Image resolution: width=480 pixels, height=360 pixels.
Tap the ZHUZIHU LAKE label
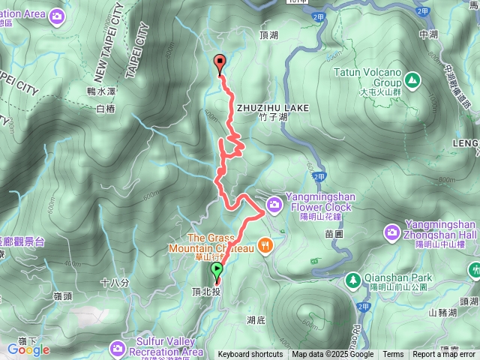pyautogui.click(x=272, y=109)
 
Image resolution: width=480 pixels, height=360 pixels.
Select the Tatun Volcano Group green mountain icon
pyautogui.click(x=412, y=78)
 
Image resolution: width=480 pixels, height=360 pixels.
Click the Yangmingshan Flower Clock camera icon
pyautogui.click(x=274, y=203)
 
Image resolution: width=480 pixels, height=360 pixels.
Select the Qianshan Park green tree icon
pyautogui.click(x=352, y=280)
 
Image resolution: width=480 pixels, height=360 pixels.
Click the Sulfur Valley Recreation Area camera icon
pyautogui.click(x=118, y=348)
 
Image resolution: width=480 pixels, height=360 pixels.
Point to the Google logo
pyautogui.click(x=28, y=349)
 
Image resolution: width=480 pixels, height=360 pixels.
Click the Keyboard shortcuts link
pyautogui.click(x=250, y=355)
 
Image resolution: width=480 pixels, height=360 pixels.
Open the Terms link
pyautogui.click(x=393, y=355)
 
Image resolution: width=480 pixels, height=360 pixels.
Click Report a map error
pyautogui.click(x=444, y=355)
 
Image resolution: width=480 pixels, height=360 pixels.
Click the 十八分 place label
pyautogui.click(x=114, y=283)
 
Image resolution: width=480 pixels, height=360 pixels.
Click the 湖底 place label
pyautogui.click(x=256, y=320)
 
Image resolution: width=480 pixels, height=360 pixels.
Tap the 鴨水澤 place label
pyautogui.click(x=102, y=91)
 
